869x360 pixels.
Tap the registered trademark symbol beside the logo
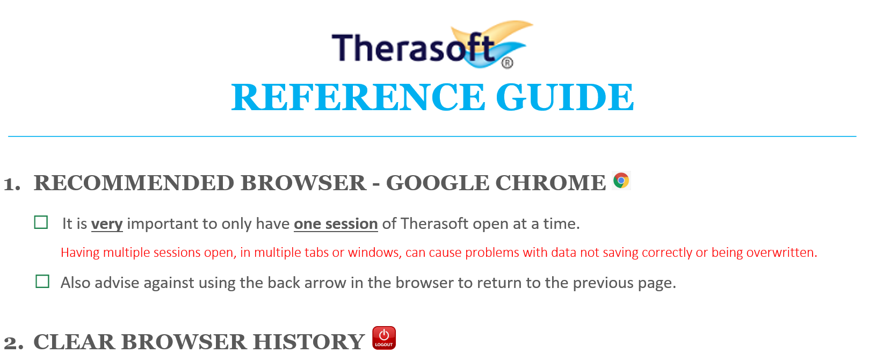[x=507, y=63]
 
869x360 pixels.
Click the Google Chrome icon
[x=621, y=181]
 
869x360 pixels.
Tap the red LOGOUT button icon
[x=384, y=338]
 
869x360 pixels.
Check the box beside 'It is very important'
[x=41, y=222]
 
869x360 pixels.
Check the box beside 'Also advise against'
[x=42, y=282]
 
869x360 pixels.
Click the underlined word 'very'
[x=107, y=224]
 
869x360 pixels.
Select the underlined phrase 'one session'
[x=336, y=224]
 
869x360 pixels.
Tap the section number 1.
[x=12, y=184]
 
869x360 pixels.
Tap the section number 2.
[x=13, y=343]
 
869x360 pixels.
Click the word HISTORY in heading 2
[x=309, y=342]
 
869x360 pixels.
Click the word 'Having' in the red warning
[x=80, y=253]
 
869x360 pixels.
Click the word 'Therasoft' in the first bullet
[x=434, y=224]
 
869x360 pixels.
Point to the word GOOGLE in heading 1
[x=437, y=183]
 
